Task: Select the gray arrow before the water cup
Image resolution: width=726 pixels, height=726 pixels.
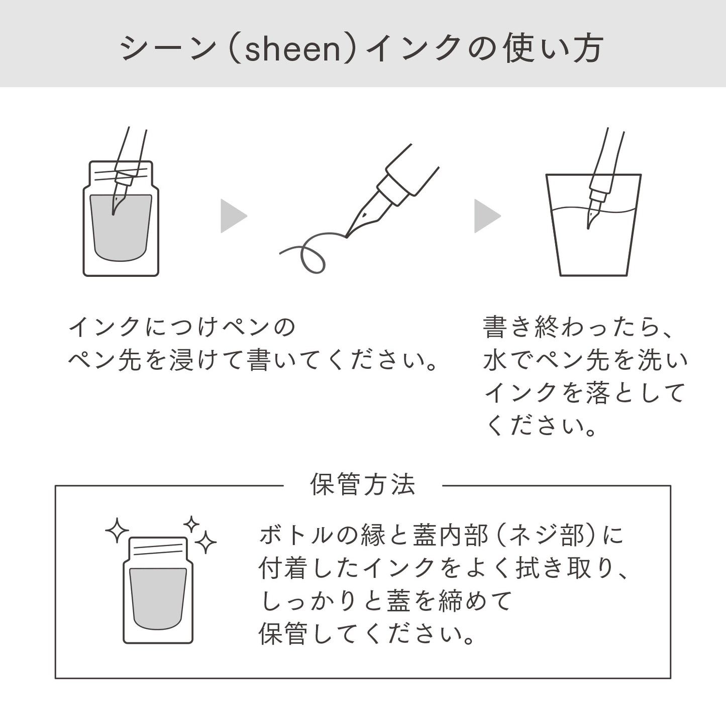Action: [486, 217]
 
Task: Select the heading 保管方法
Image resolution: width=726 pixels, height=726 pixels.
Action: [363, 485]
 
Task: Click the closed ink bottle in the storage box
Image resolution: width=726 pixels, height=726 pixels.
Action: [158, 590]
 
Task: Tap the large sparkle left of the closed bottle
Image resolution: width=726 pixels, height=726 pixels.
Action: [117, 531]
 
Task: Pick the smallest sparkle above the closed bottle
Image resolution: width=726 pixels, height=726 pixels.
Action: [191, 525]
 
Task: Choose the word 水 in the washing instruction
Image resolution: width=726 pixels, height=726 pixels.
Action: [495, 360]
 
